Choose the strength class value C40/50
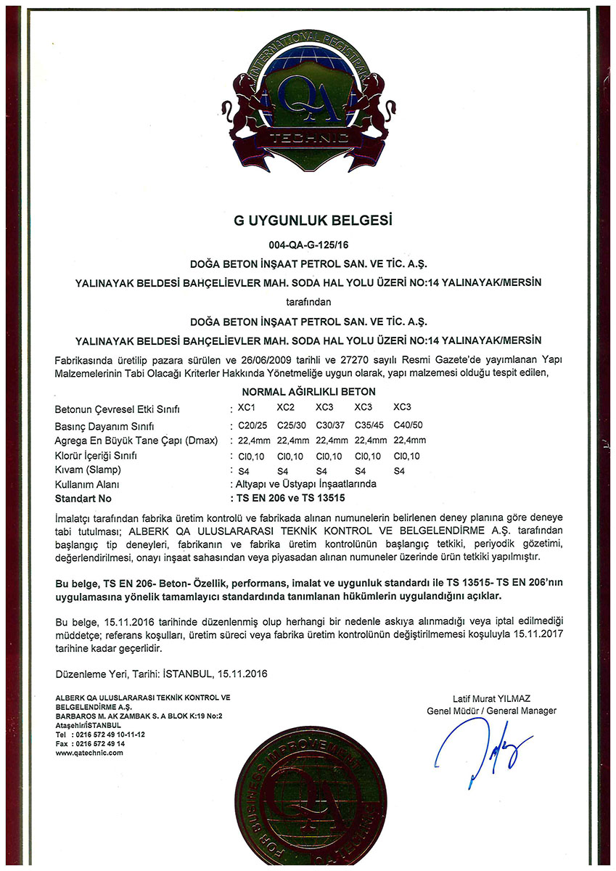coord(408,425)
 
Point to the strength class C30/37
coord(330,425)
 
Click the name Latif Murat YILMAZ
coord(491,699)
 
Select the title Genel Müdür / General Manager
coord(491,711)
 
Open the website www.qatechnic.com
coord(89,753)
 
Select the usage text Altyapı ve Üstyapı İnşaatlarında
coord(305,483)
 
